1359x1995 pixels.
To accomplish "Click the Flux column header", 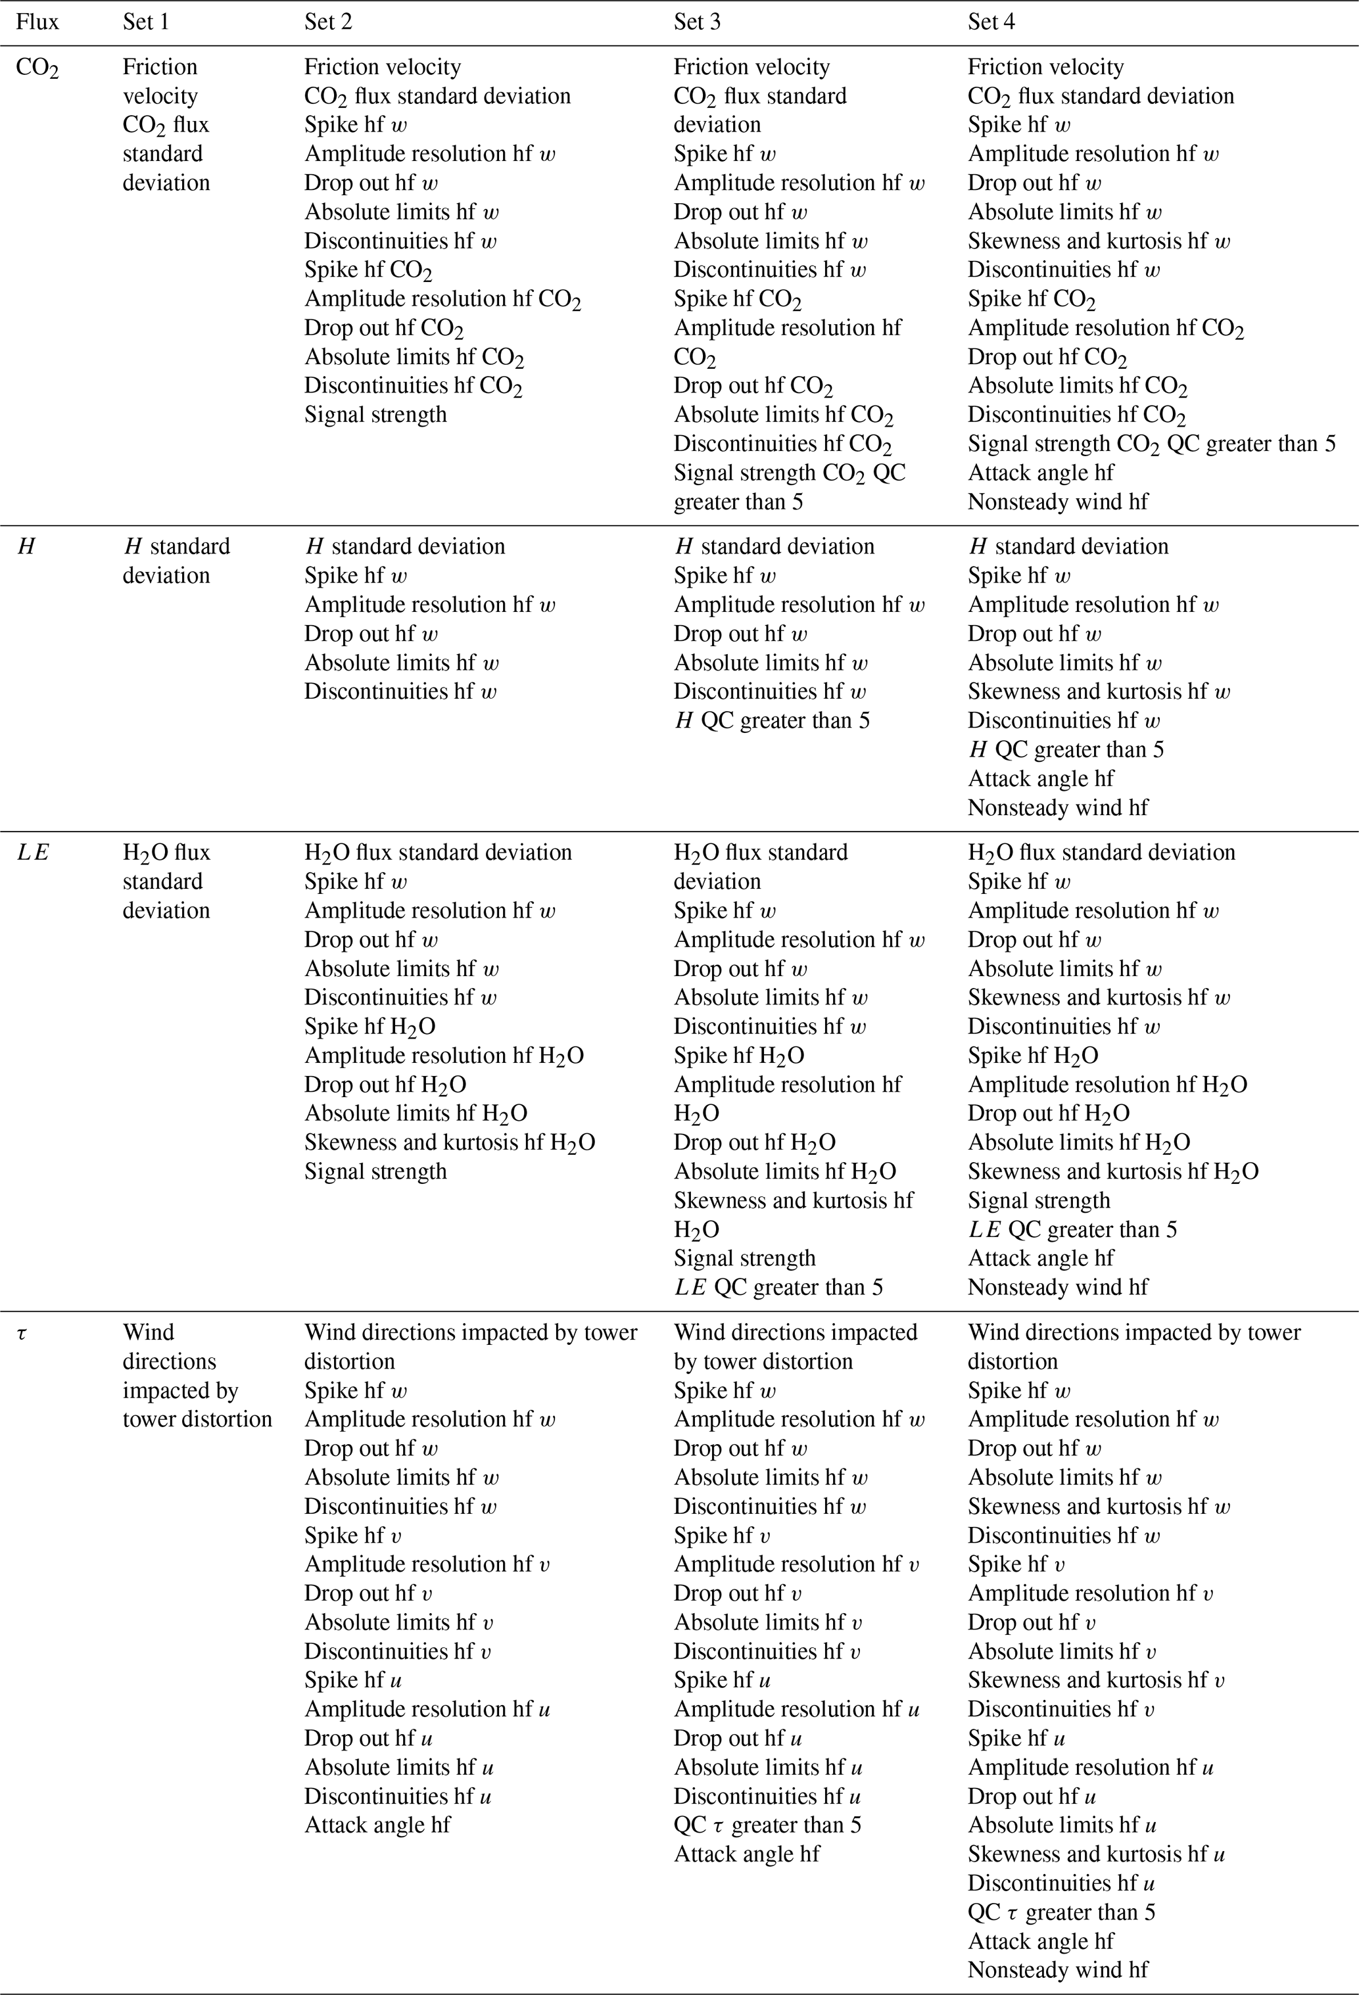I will [37, 22].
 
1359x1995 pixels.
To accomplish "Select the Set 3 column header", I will [696, 22].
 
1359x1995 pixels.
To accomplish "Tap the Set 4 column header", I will [991, 22].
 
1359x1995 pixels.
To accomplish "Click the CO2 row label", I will [37, 68].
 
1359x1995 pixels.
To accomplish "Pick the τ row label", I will [22, 1333].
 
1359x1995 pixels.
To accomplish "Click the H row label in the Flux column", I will [26, 547].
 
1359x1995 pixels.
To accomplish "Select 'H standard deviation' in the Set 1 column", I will [176, 561].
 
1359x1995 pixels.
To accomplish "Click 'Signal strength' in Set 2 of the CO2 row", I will [375, 415].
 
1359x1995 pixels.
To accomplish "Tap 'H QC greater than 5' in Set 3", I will [771, 720].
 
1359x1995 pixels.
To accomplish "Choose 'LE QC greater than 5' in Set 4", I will [1072, 1229].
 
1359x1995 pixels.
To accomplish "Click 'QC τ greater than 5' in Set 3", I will [767, 1825].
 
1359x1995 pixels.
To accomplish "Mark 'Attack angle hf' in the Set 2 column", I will [377, 1825].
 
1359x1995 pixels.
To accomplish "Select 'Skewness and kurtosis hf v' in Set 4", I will [1095, 1680].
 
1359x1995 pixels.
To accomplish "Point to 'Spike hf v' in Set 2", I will [353, 1535].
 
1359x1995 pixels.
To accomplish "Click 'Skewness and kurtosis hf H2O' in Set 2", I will [449, 1142].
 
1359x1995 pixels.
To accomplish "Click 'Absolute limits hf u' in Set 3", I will [767, 1767].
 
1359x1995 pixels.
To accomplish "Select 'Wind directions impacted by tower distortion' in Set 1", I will [197, 1376].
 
